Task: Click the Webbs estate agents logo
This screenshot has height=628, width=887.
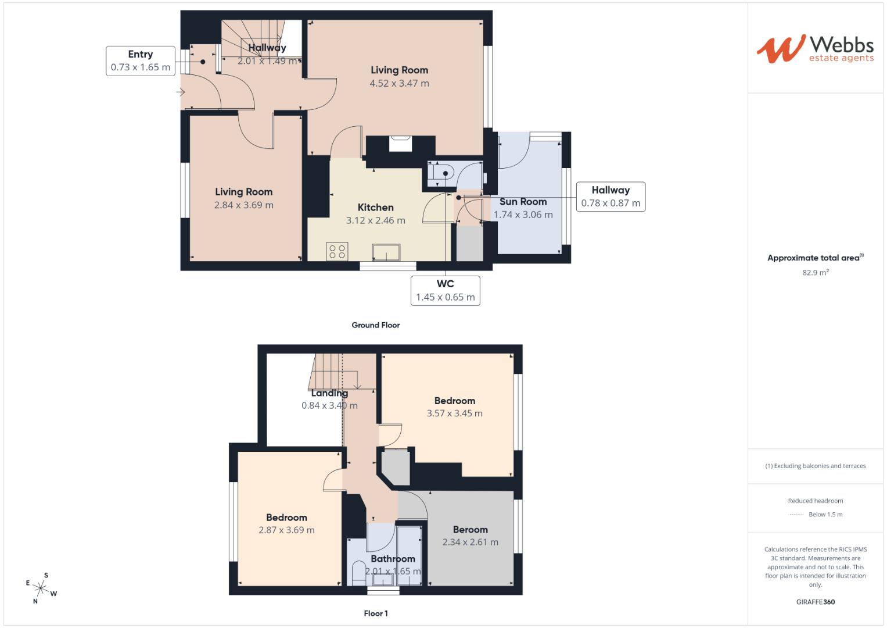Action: coord(814,49)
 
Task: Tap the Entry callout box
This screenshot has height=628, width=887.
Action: coord(140,61)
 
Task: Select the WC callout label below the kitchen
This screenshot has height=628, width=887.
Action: coord(445,290)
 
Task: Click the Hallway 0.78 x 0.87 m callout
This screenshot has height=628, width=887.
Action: coord(610,197)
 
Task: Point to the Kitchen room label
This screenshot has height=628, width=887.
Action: coord(375,208)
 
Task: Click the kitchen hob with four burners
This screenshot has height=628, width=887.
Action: coord(337,251)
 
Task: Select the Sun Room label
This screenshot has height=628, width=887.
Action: coord(523,202)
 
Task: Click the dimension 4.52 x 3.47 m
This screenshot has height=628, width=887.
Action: coord(399,83)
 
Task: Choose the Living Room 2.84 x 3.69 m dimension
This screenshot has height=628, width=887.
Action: coord(243,205)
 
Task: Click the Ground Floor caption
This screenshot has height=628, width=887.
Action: coord(375,325)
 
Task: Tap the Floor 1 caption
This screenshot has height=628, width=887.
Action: coord(375,613)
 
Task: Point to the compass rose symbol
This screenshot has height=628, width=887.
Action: coord(41,588)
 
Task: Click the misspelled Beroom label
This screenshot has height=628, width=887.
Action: coord(470,530)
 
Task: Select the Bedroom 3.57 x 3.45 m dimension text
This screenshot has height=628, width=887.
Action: coord(454,413)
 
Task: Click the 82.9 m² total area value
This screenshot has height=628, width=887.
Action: coord(815,272)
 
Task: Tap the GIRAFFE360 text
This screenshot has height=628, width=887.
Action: coord(815,602)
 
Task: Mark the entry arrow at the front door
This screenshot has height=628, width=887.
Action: coord(181,92)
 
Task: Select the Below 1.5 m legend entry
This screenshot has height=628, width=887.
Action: coord(825,515)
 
